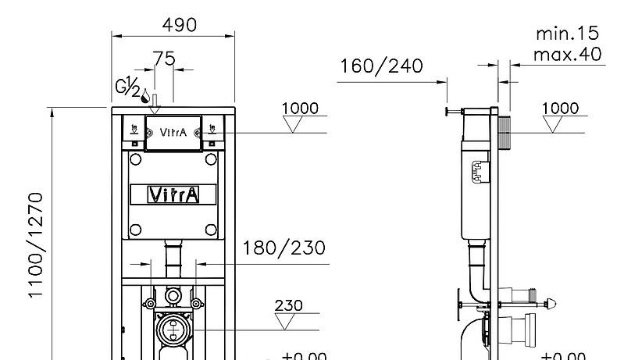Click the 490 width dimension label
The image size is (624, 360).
179,24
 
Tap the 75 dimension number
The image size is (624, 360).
164,59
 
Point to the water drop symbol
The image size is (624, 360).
144,94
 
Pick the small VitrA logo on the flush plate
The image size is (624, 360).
173,132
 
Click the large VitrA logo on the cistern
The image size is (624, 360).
173,194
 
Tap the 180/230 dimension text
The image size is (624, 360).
284,248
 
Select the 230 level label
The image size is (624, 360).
289,305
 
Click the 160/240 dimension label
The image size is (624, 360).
382,66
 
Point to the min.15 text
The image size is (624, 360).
567,34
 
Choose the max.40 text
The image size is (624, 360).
567,54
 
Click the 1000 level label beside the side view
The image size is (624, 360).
561,108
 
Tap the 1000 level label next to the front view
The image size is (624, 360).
300,108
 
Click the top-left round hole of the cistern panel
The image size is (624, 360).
135,159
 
